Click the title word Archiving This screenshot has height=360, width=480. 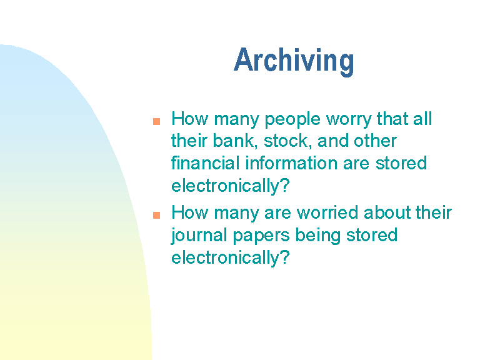coord(294,61)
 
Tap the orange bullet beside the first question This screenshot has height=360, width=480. coord(156,121)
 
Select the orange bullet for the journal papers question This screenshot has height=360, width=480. coord(156,215)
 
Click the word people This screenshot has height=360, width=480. coord(292,120)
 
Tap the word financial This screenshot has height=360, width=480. coord(205,163)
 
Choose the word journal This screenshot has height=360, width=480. coord(199,236)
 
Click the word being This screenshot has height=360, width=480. coord(317,236)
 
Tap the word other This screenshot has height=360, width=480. coord(375,141)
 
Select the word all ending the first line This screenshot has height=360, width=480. coord(422,119)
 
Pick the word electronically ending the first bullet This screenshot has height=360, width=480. coord(225,186)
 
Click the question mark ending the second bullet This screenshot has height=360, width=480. coord(285,256)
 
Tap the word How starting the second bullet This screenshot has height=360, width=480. coord(190,212)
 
